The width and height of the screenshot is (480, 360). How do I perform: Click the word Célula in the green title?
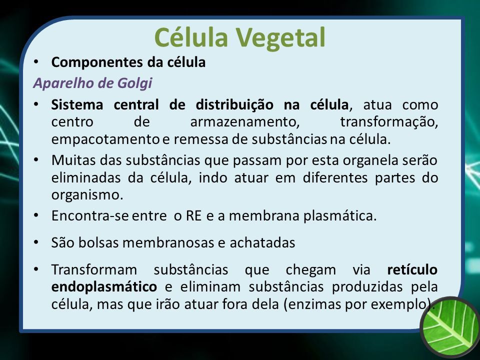click(x=191, y=36)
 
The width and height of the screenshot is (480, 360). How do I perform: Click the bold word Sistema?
click(x=77, y=104)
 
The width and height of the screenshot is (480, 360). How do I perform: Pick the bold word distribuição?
click(x=234, y=104)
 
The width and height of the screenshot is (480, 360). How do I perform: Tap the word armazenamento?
click(x=245, y=122)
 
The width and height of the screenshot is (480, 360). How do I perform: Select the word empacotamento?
click(x=105, y=139)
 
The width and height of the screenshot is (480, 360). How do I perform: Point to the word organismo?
click(x=87, y=195)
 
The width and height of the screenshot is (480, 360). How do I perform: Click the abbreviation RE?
click(x=194, y=216)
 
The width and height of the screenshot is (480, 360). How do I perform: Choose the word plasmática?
click(x=340, y=216)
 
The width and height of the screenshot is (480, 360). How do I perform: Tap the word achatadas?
click(x=262, y=243)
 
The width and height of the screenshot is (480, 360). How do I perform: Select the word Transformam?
click(x=94, y=269)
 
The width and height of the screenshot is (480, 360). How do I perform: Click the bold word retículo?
click(x=412, y=269)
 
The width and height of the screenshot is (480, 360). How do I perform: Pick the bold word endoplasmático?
click(x=104, y=287)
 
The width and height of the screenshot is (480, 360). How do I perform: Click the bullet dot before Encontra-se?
click(x=36, y=215)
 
